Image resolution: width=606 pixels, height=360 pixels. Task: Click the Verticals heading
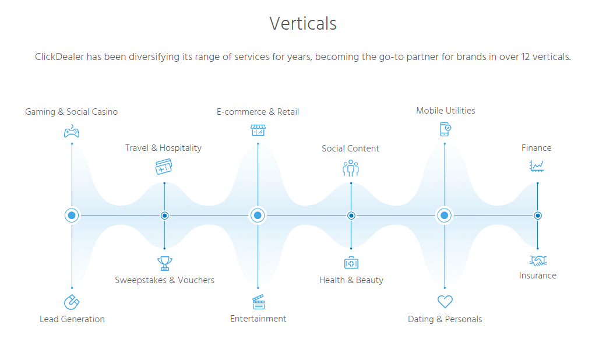tap(303, 24)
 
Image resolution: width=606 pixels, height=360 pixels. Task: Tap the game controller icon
tap(72, 131)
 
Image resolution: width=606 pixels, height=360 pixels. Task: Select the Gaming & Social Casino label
tap(71, 112)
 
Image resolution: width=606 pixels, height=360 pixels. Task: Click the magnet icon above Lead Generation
tap(72, 302)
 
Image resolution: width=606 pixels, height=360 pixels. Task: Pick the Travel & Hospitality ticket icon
tap(164, 167)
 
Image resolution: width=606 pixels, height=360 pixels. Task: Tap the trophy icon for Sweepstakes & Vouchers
tap(164, 263)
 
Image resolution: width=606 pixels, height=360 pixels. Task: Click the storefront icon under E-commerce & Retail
tap(258, 130)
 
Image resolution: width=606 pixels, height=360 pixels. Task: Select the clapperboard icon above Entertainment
tap(258, 302)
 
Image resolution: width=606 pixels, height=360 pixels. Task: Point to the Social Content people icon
tap(351, 168)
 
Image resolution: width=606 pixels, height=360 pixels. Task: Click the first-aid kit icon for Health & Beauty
tap(351, 263)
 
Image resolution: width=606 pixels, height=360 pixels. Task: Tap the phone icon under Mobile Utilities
tap(445, 129)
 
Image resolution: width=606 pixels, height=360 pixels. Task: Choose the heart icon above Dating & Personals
tap(445, 302)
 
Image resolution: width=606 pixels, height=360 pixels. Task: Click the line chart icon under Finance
tap(537, 166)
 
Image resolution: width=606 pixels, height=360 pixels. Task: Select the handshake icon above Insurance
tap(537, 260)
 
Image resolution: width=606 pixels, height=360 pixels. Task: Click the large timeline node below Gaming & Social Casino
tap(72, 216)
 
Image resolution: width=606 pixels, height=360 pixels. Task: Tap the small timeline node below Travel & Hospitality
tap(164, 216)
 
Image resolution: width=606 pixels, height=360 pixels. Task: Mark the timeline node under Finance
tap(537, 216)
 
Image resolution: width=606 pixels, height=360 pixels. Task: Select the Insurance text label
tap(537, 276)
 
